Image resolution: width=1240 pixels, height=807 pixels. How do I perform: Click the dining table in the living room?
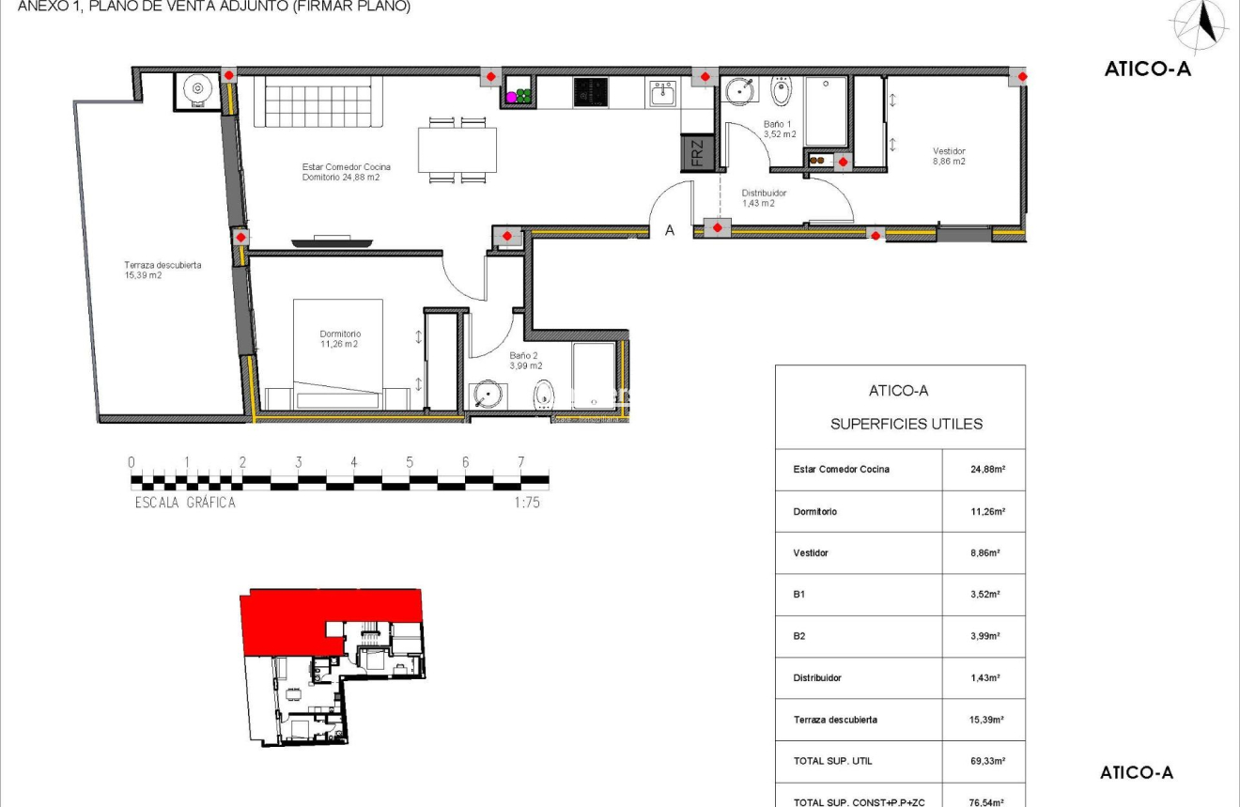coord(457,149)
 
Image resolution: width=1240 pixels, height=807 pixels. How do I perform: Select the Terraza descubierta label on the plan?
coord(163,270)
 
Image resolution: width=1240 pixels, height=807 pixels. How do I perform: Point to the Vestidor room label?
coord(949,156)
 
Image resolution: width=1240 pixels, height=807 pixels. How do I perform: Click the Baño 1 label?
coord(779,129)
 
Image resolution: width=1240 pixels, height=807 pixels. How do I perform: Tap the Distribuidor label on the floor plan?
coord(763,197)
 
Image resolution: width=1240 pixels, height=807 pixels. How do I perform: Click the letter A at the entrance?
coord(670,230)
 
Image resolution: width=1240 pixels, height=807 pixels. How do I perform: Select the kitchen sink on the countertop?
coord(663,93)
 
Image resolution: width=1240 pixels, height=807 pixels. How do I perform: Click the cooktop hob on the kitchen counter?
coord(591,91)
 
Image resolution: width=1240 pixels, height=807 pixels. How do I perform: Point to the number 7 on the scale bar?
coord(520,462)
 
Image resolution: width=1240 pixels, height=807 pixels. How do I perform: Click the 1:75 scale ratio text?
coord(527,503)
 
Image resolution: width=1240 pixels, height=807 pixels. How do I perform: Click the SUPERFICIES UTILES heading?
coord(906,424)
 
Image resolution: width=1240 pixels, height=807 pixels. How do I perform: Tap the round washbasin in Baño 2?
coord(487,393)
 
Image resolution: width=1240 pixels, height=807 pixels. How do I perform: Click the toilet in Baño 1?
coord(782,92)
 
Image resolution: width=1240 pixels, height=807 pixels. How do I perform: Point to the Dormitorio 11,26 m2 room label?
coord(339,338)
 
